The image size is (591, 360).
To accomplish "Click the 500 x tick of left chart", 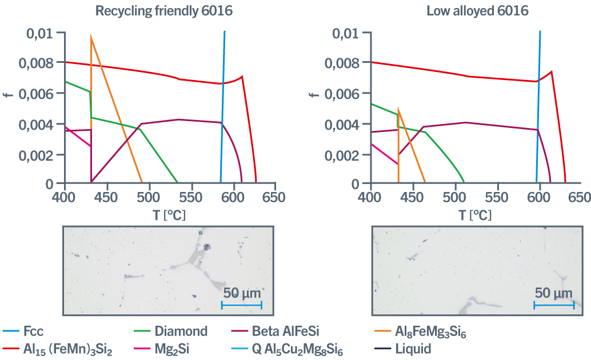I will [x=149, y=198].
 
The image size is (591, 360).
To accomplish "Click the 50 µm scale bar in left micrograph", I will [x=241, y=306].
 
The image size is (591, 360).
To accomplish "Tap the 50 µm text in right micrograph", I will [x=553, y=294].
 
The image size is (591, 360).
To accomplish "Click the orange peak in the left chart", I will [x=91, y=36].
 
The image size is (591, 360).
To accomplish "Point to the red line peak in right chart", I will [x=552, y=71].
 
